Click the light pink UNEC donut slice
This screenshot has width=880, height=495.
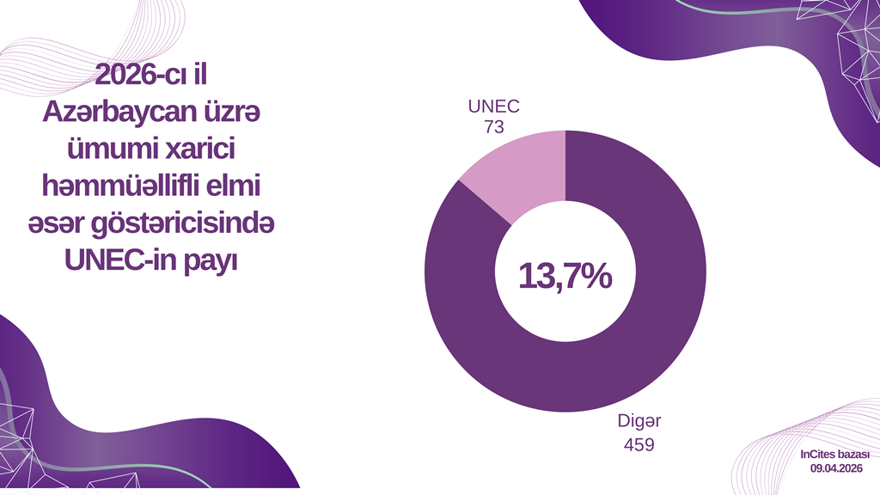tap(521, 173)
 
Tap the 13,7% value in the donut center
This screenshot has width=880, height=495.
tap(565, 277)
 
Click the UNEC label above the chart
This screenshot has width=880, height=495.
tap(493, 107)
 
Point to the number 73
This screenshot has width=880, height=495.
tap(493, 127)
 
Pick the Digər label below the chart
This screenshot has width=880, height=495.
tap(639, 423)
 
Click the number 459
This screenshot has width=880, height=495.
tap(639, 444)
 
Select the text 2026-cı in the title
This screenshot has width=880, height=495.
tap(135, 76)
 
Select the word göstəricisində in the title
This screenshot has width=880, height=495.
tap(192, 223)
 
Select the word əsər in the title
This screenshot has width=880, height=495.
tap(64, 223)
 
